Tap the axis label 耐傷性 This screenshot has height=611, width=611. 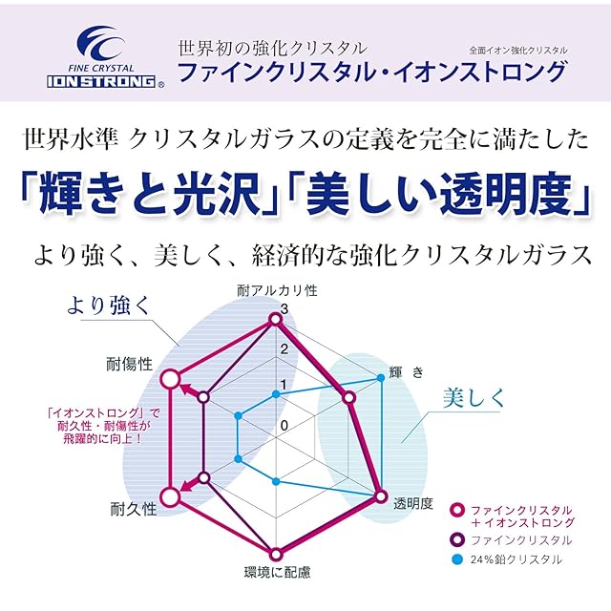[x=130, y=364]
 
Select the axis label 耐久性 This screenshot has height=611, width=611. [x=133, y=509]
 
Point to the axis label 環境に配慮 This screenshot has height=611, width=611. [x=277, y=574]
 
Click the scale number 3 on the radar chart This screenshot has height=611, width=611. [x=284, y=308]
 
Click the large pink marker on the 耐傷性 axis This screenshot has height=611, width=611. [x=170, y=380]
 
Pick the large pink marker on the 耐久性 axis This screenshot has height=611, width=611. [x=170, y=497]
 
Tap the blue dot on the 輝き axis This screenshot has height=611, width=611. [x=380, y=379]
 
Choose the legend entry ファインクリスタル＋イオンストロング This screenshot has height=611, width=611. [x=520, y=516]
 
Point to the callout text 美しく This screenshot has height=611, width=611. [x=474, y=398]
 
